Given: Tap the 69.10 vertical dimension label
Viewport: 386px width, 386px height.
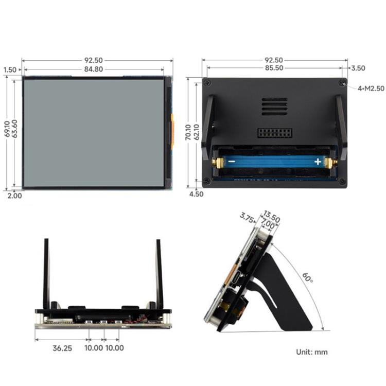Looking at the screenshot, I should click(6, 129).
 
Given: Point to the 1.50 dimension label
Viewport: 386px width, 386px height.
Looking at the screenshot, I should click(9, 69).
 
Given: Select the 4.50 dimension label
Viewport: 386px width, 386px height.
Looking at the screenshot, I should click(196, 195).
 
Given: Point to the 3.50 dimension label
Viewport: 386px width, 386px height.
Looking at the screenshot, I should click(358, 68).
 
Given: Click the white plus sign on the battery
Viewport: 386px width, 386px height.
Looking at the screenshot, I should click(318, 162).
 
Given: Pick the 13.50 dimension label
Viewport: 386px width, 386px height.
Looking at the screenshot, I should click(271, 217).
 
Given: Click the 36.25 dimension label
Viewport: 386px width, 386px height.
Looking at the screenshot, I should click(62, 348).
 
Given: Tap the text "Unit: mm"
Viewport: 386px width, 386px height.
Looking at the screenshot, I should click(311, 353).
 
